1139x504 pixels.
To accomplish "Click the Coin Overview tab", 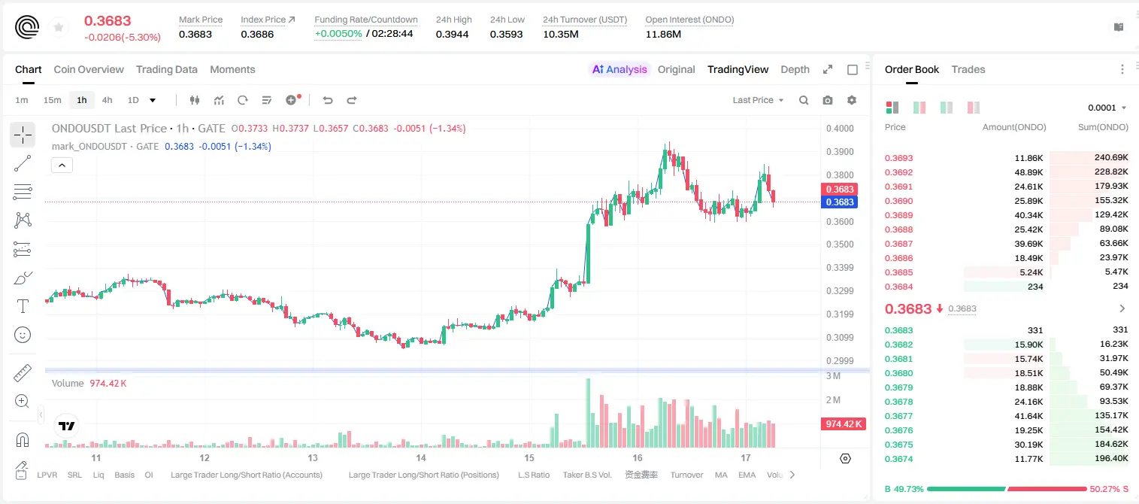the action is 89,69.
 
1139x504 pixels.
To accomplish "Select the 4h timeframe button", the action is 107,100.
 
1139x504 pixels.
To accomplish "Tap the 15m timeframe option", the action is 53,100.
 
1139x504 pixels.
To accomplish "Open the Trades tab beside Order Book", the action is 968,69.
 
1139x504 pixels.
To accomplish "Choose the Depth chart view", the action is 795,69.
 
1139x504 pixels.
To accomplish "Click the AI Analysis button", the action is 619,69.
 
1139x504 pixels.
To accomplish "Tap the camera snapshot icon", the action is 828,100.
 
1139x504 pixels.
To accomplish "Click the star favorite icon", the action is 59,27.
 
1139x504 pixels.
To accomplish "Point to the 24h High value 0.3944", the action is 452,34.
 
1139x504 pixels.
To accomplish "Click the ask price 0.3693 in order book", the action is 898,158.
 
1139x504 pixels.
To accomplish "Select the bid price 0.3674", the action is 898,459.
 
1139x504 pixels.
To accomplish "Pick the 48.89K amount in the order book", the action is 1028,172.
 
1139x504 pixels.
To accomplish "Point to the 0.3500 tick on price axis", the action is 840,244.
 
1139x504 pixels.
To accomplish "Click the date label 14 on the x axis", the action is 420,457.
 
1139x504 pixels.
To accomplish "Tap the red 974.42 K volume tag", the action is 843,424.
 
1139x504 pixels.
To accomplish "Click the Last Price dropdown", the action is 758,100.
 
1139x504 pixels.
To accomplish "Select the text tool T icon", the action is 23,307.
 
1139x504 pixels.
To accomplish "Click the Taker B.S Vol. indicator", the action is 586,475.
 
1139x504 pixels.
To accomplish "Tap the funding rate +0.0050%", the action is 338,34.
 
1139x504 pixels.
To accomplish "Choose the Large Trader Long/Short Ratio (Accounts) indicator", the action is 247,475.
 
